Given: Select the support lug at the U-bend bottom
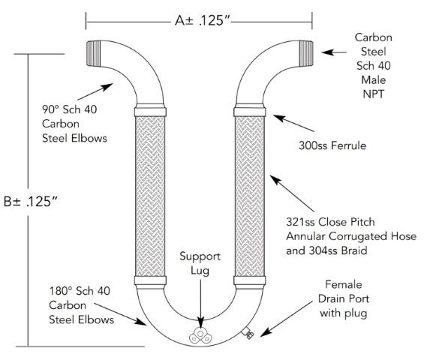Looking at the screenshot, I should [x=200, y=334].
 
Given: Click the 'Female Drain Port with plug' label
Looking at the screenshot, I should [x=343, y=298].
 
